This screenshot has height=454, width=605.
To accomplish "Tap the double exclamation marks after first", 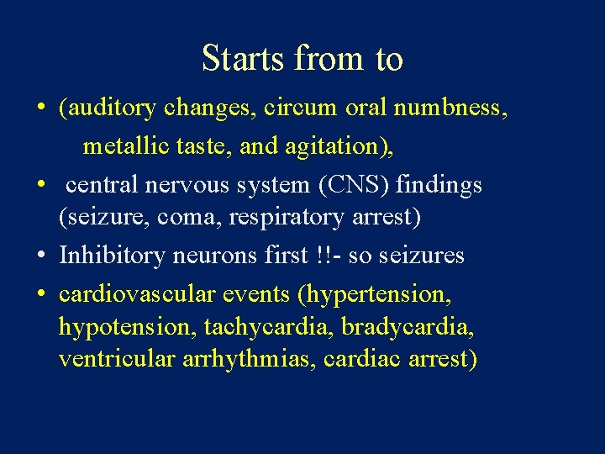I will tap(320, 255).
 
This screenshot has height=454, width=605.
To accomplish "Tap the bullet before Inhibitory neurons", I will tap(40, 256).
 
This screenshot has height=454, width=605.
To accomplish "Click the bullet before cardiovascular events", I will tap(40, 294).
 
